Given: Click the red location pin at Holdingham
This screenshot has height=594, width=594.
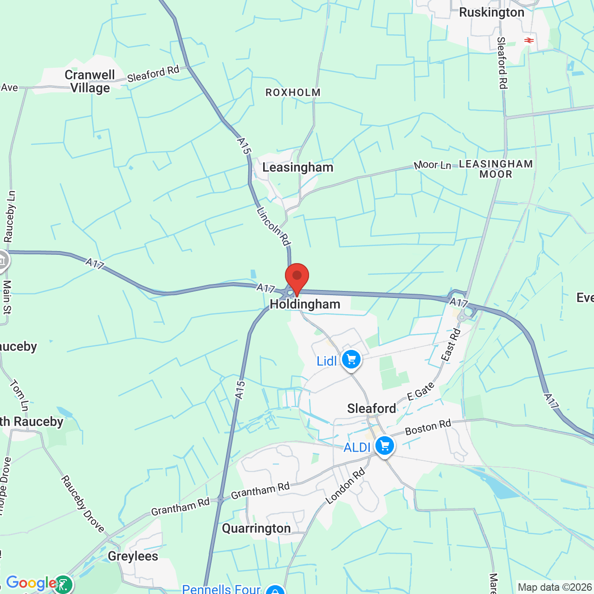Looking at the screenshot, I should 297,277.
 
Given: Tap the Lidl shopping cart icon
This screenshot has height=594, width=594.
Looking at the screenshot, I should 351,360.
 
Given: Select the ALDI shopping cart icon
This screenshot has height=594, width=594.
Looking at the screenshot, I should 384,446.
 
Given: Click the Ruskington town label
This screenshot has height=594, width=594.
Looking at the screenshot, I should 491,13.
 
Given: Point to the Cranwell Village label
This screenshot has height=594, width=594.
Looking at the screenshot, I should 90,81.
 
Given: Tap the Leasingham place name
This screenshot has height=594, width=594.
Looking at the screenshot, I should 297,168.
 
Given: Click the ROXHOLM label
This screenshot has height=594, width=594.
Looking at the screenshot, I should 293,93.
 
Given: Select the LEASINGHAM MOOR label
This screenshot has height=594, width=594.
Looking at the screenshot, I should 496,169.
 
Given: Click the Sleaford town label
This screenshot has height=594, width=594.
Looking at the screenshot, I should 371,408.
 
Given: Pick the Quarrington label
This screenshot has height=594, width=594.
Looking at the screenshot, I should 256,529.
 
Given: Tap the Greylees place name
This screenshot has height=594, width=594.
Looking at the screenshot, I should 133,556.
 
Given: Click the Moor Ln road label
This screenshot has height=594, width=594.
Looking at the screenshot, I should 432,165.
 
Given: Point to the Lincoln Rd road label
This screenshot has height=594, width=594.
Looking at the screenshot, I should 273,226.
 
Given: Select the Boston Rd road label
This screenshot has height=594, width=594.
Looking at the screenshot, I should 428,427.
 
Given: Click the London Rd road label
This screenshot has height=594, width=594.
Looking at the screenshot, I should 345,486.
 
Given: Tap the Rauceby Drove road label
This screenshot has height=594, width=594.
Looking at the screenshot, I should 83,504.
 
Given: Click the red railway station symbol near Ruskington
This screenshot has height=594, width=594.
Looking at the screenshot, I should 529,40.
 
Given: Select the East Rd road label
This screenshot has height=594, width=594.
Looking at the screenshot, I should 451,345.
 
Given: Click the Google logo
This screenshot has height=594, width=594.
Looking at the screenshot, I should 31,583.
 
